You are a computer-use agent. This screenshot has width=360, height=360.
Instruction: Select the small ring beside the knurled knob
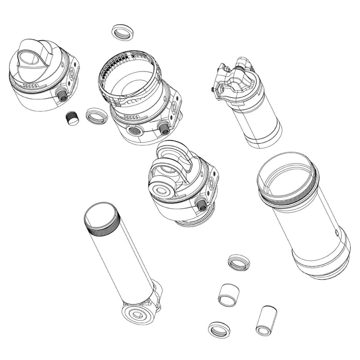96,116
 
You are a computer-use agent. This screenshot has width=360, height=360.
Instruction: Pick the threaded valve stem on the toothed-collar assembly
164,129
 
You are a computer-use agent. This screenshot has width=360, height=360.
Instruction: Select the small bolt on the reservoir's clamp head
213,89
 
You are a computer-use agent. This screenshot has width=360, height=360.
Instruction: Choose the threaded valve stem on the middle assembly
201,205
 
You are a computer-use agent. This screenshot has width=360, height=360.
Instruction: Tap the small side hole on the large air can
336,232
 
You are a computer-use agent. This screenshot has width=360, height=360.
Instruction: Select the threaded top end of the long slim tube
102,219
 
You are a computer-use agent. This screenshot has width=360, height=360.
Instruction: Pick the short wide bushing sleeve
228,295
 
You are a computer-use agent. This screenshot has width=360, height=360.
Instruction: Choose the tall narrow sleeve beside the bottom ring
266,320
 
